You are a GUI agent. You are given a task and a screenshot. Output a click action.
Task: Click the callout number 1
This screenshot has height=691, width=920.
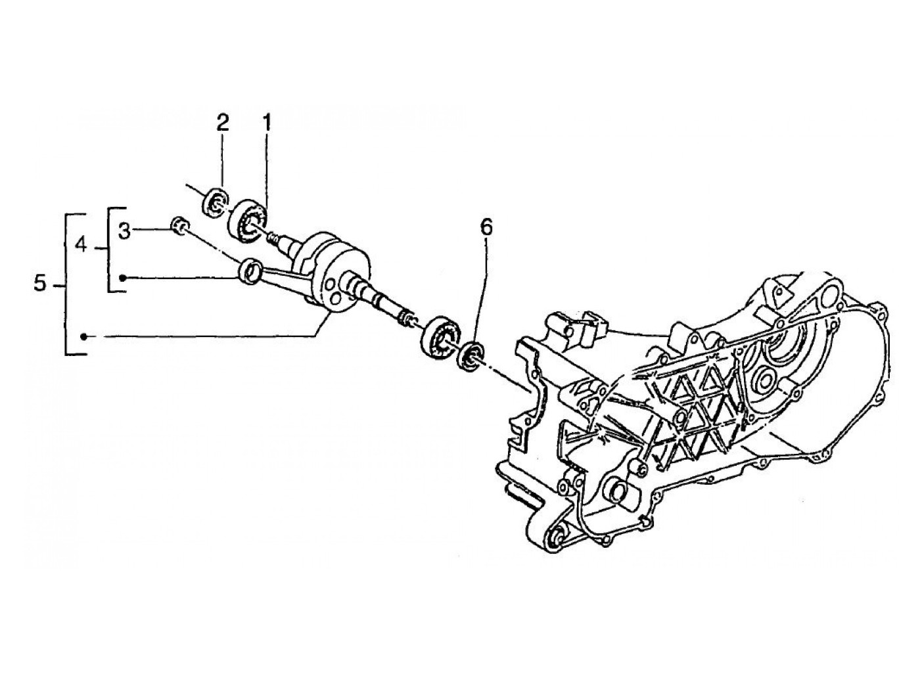click(267, 122)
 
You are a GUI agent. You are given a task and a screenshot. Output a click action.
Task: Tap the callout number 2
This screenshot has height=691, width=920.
click(223, 122)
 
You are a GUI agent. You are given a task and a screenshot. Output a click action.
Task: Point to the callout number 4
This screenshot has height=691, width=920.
click(81, 246)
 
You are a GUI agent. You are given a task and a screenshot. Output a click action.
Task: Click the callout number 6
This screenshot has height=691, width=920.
click(486, 227)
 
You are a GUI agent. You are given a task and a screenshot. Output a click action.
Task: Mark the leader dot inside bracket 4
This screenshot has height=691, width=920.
click(122, 279)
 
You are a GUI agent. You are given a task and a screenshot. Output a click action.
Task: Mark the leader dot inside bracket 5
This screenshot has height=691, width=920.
click(83, 336)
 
